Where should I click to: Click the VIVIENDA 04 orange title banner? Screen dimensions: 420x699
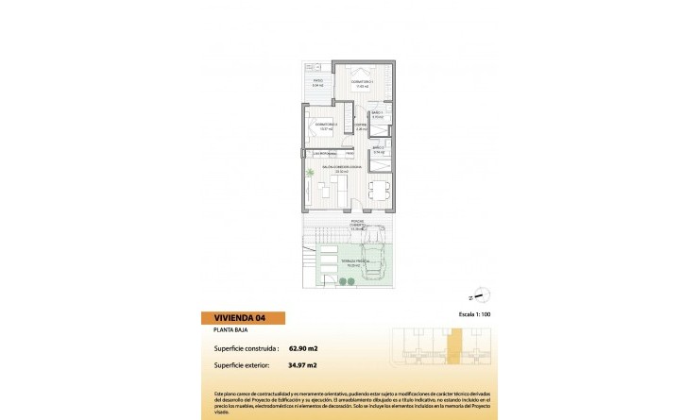point(243,318)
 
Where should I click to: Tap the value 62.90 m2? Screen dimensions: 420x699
point(303,349)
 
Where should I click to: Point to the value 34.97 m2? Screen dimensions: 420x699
point(303,364)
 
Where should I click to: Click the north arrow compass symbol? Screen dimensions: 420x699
point(479,297)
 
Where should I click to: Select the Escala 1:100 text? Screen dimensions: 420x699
point(476,312)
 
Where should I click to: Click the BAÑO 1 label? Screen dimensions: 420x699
point(377,115)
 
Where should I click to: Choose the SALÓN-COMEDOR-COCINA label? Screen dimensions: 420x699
point(341,169)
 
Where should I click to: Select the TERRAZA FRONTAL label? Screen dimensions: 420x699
point(355,264)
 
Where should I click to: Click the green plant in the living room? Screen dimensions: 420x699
point(312,173)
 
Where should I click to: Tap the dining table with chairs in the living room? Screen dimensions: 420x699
point(378,189)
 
